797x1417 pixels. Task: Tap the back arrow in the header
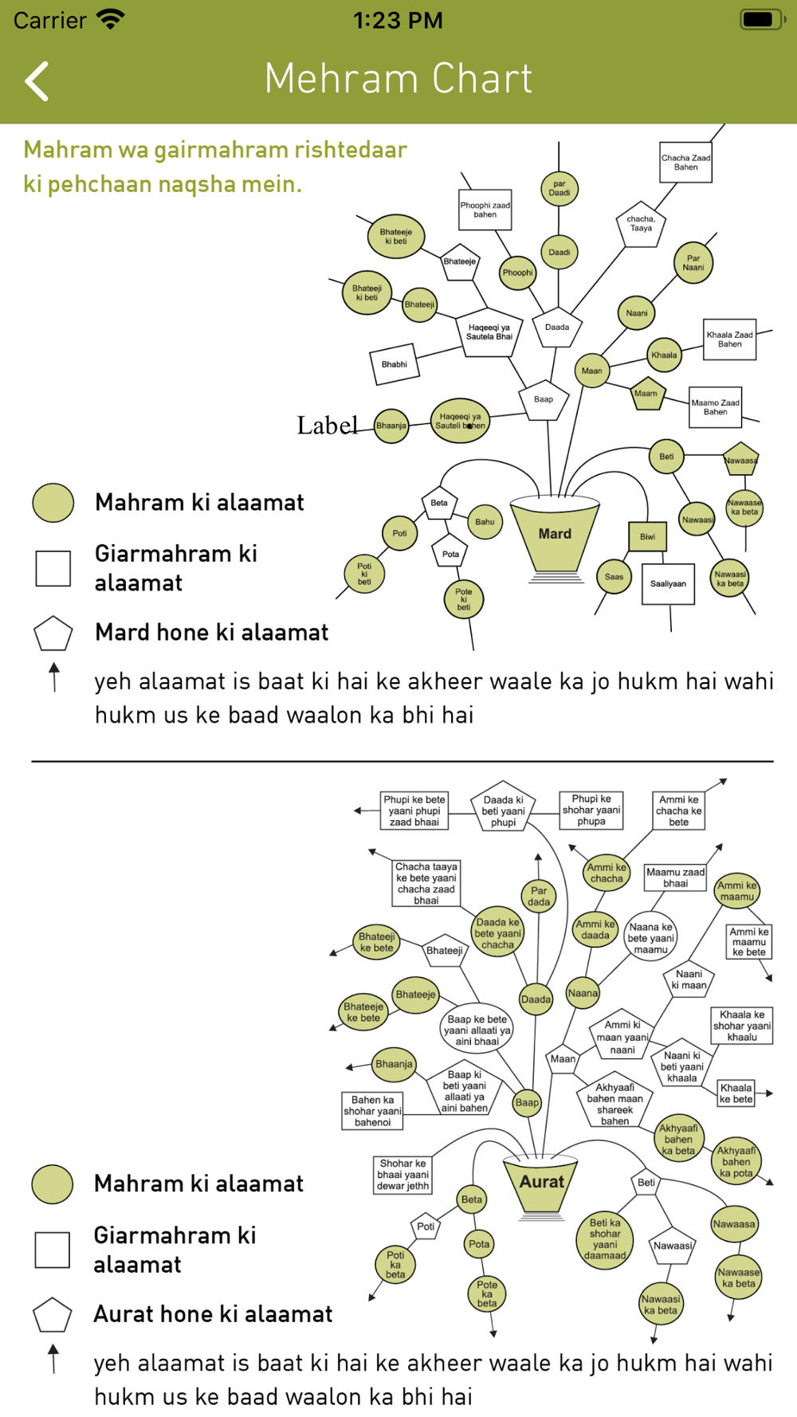pyautogui.click(x=37, y=80)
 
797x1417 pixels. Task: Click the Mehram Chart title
pyautogui.click(x=398, y=79)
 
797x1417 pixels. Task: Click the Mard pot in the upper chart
pyautogui.click(x=555, y=533)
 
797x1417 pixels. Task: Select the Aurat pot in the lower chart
pyautogui.click(x=542, y=1182)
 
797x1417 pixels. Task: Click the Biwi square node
pyautogui.click(x=647, y=536)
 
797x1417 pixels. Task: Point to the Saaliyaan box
pyautogui.click(x=668, y=583)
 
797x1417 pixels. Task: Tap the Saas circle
pyautogui.click(x=614, y=577)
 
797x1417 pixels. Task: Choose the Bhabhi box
pyautogui.click(x=395, y=364)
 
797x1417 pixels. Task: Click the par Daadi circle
pyautogui.click(x=559, y=188)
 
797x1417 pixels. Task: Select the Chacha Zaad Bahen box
pyautogui.click(x=685, y=163)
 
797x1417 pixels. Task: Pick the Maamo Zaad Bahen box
pyautogui.click(x=715, y=407)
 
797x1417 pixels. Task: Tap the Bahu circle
pyautogui.click(x=485, y=522)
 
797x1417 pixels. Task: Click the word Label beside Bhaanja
pyautogui.click(x=327, y=426)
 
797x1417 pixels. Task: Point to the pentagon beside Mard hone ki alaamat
pyautogui.click(x=53, y=634)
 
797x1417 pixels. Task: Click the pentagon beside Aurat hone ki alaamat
pyautogui.click(x=53, y=1315)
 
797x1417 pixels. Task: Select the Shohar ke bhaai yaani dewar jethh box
pyautogui.click(x=403, y=1175)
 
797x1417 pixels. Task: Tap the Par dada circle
pyautogui.click(x=539, y=897)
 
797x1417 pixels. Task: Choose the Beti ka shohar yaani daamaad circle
pyautogui.click(x=605, y=1239)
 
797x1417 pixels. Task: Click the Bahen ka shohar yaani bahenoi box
pyautogui.click(x=372, y=1111)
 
